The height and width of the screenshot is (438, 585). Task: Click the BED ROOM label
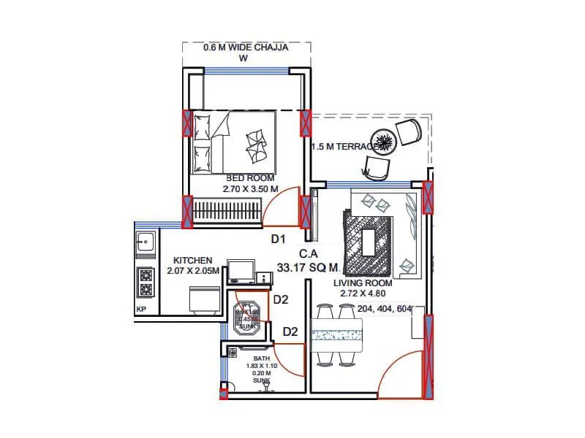(x=250, y=178)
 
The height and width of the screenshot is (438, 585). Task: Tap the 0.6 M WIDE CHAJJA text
(x=246, y=48)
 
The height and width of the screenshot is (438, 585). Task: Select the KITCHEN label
(x=192, y=261)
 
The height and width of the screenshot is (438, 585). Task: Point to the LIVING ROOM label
(x=363, y=283)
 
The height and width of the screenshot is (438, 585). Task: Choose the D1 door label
(x=278, y=239)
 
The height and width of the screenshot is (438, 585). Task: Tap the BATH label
(x=261, y=359)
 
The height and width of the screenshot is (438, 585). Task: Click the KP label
(x=141, y=310)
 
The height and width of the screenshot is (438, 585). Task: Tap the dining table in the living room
(x=338, y=335)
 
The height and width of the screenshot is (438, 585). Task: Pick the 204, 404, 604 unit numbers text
(x=385, y=309)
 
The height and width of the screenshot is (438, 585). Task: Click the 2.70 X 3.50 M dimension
(x=250, y=189)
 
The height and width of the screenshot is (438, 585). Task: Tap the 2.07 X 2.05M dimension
(x=192, y=271)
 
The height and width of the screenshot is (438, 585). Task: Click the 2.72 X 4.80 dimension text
(x=362, y=293)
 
